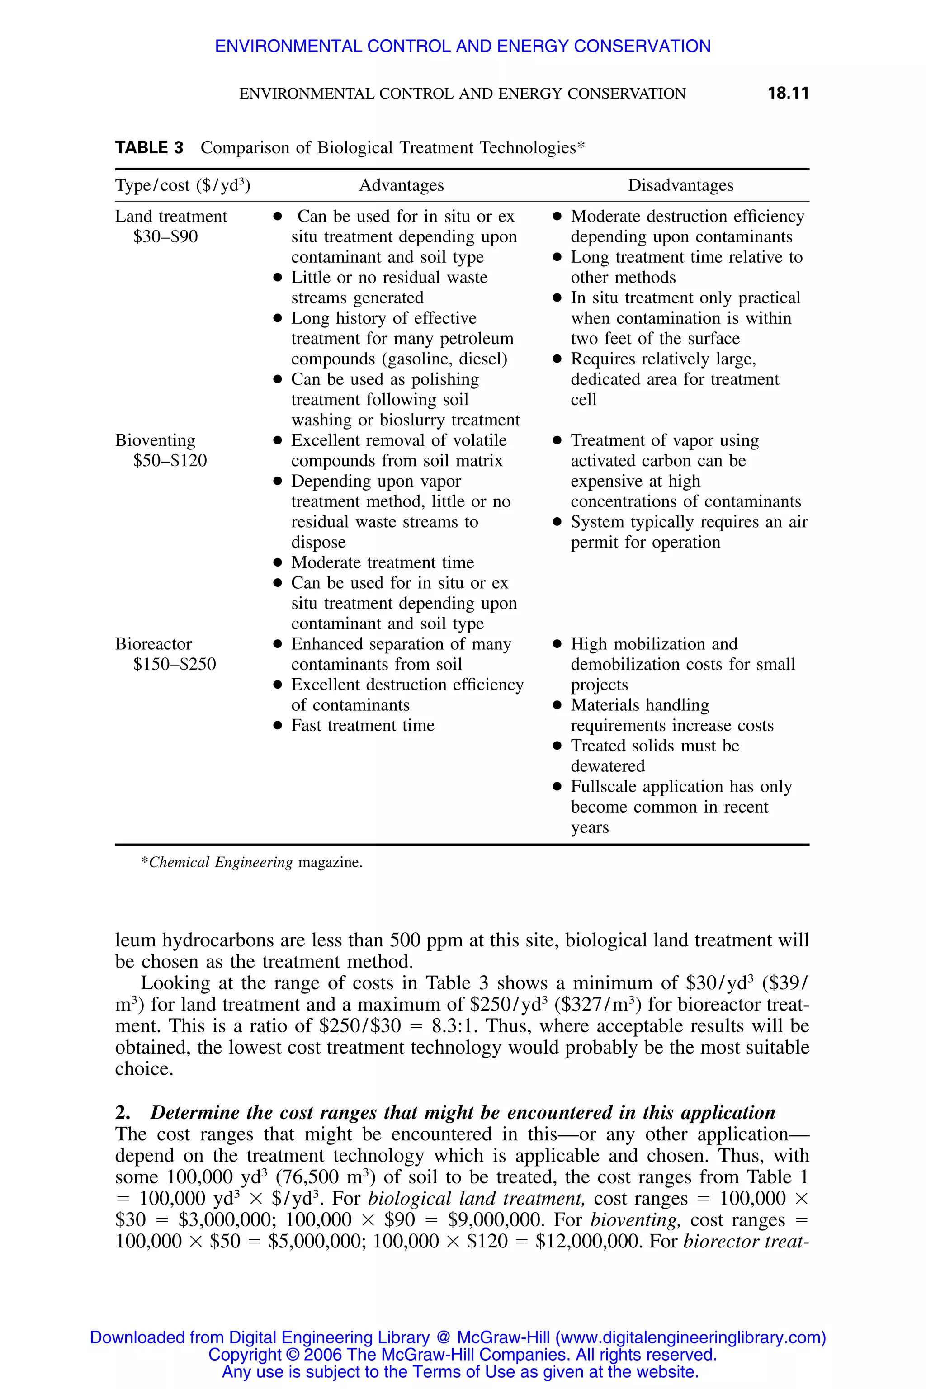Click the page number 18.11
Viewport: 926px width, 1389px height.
[x=788, y=93]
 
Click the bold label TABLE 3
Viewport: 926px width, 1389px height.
[x=149, y=148]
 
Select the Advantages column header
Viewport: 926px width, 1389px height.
[x=401, y=185]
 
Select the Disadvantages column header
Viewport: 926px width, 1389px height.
[x=680, y=185]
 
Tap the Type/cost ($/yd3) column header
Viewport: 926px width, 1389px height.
[x=183, y=185]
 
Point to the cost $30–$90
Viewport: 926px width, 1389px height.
[x=165, y=237]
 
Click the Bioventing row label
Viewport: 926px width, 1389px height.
[x=155, y=440]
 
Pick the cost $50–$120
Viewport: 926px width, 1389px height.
[x=170, y=461]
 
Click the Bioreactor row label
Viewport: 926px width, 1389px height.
[x=154, y=644]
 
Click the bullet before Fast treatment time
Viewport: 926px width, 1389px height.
[x=278, y=726]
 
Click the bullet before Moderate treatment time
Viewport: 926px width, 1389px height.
[x=278, y=563]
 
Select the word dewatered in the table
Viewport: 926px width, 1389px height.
[x=607, y=766]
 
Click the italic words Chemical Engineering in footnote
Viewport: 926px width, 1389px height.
[x=220, y=862]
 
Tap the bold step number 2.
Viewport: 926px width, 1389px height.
[x=123, y=1113]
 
